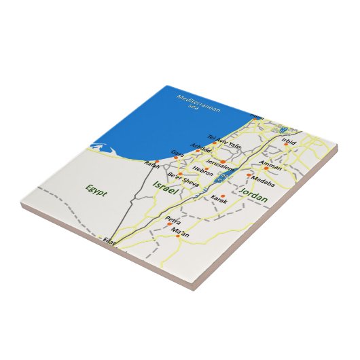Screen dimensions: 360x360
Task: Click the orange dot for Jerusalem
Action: (x=222, y=162)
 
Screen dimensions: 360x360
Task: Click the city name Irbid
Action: (x=289, y=142)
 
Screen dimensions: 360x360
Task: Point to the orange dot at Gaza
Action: (x=177, y=157)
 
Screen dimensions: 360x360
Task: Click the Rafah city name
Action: (x=151, y=164)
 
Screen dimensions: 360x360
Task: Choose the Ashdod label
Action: (x=201, y=147)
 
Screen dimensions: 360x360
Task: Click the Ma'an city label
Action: (x=179, y=234)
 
